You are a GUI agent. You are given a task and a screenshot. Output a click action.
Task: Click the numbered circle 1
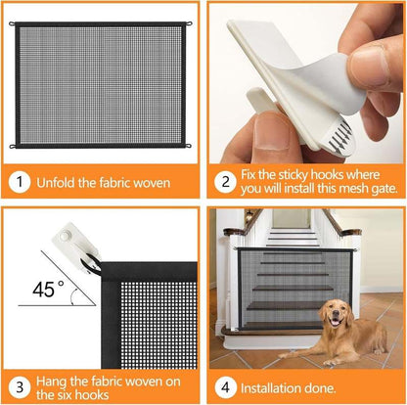21,182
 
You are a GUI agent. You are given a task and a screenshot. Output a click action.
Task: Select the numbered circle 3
21,384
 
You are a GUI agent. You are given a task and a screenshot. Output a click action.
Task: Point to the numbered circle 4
224,384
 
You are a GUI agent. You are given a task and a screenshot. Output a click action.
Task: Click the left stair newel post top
232,233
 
